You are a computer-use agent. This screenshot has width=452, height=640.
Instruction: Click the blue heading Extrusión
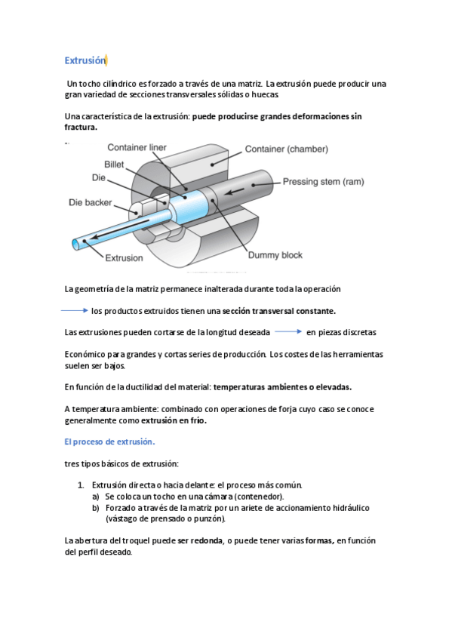pyautogui.click(x=85, y=60)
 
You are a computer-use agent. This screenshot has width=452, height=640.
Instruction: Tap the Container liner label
pyautogui.click(x=137, y=147)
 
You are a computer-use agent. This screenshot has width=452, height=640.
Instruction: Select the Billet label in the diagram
pyautogui.click(x=114, y=164)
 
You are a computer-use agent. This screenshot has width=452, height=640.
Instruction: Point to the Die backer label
pyautogui.click(x=90, y=202)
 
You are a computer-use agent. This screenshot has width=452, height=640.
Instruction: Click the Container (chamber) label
pyautogui.click(x=287, y=149)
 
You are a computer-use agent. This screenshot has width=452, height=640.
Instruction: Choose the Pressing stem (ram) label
pyautogui.click(x=324, y=182)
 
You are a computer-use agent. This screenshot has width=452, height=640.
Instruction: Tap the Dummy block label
pyautogui.click(x=275, y=255)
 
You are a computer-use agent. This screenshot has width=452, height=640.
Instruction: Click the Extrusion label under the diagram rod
pyautogui.click(x=124, y=258)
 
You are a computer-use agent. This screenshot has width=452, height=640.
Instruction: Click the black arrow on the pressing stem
pyautogui.click(x=234, y=191)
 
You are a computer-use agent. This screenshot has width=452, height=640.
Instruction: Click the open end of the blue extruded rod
pyautogui.click(x=76, y=245)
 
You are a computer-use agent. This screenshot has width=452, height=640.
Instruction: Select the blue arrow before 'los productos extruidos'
pyautogui.click(x=75, y=311)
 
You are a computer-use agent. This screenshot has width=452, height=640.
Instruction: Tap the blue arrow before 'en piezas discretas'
pyautogui.click(x=288, y=332)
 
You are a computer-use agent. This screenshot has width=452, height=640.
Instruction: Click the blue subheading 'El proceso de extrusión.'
pyautogui.click(x=109, y=442)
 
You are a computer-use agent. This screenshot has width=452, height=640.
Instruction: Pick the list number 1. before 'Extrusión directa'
pyautogui.click(x=81, y=485)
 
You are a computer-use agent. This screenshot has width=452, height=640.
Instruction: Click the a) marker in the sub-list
pyautogui.click(x=96, y=497)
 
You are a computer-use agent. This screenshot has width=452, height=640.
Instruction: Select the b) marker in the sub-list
pyautogui.click(x=96, y=508)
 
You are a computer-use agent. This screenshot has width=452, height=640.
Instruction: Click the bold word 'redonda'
pyautogui.click(x=207, y=541)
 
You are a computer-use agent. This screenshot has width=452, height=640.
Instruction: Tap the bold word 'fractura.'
pyautogui.click(x=81, y=127)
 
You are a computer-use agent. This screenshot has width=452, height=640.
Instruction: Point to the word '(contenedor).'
pyautogui.click(x=259, y=497)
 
